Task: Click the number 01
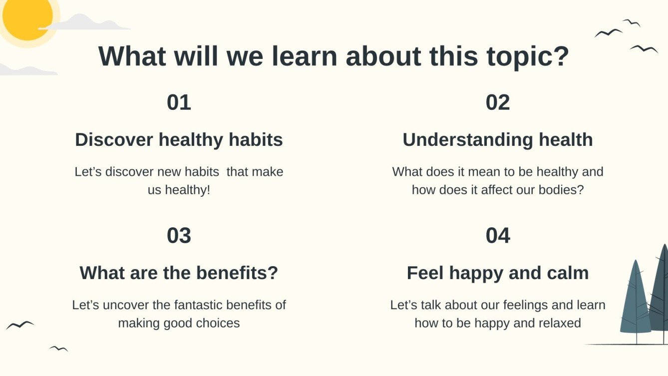pyautogui.click(x=179, y=102)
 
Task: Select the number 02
pyautogui.click(x=498, y=102)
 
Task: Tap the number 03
pyautogui.click(x=179, y=236)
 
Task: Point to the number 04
pyautogui.click(x=498, y=236)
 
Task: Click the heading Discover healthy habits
pyautogui.click(x=179, y=139)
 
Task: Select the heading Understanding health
pyautogui.click(x=498, y=139)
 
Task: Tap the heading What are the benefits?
pyautogui.click(x=179, y=273)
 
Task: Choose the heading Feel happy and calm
pyautogui.click(x=498, y=273)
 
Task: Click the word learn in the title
pyautogui.click(x=305, y=56)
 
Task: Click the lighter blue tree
pyautogui.click(x=635, y=301)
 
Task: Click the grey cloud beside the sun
pyautogui.click(x=84, y=22)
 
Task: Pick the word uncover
pyautogui.click(x=125, y=305)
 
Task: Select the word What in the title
pyautogui.click(x=132, y=56)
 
